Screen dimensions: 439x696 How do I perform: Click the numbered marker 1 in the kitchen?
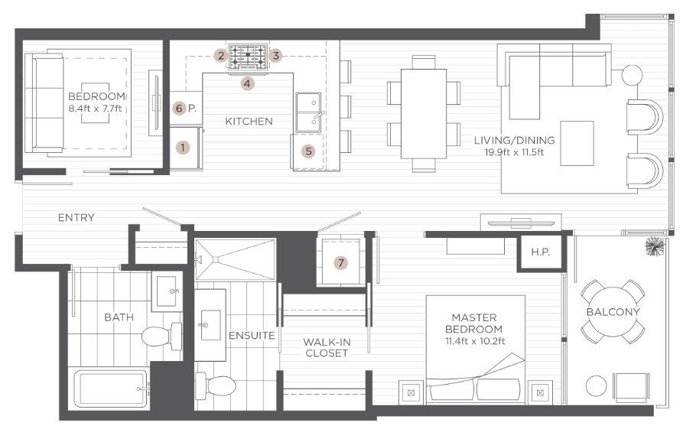click(183, 147)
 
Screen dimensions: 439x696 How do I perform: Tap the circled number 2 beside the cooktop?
click(220, 55)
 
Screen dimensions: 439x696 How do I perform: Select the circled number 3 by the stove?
click(277, 55)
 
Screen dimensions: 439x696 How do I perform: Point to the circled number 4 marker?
click(247, 83)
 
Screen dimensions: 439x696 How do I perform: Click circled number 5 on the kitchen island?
click(308, 151)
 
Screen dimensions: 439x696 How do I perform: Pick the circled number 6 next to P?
click(180, 109)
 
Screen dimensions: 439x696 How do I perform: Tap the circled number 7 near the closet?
click(341, 263)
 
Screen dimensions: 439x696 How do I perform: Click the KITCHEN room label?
click(249, 122)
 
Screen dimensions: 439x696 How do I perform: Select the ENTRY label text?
click(76, 218)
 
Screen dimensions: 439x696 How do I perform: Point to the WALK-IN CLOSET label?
click(326, 347)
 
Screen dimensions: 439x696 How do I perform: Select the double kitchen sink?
click(310, 112)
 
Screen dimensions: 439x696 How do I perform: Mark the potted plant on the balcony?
click(654, 246)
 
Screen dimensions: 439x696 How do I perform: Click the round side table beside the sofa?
click(633, 75)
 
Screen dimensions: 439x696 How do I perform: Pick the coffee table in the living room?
click(577, 143)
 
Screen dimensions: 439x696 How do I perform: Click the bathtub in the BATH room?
click(109, 390)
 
